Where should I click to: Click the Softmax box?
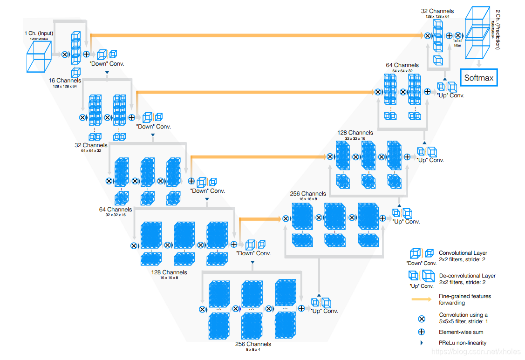(x=478, y=78)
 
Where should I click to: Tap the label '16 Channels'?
(x=65, y=81)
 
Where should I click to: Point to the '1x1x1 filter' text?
(x=457, y=43)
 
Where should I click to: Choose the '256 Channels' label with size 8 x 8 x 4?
(x=253, y=344)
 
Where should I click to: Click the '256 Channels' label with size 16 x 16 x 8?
(x=307, y=193)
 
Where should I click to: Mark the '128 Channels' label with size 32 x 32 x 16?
(x=355, y=133)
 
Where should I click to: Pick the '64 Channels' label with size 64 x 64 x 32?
(x=402, y=65)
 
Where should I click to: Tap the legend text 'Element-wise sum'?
(x=461, y=332)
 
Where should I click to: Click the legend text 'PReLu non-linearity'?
(x=463, y=343)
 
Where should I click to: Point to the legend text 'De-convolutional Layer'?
(x=467, y=276)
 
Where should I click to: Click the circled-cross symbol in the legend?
(x=421, y=319)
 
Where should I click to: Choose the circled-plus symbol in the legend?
(x=421, y=332)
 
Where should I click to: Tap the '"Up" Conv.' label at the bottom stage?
(x=324, y=311)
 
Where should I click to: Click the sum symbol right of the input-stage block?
(x=86, y=54)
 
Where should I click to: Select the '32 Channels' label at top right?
(x=437, y=11)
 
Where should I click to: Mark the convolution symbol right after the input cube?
(x=64, y=54)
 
